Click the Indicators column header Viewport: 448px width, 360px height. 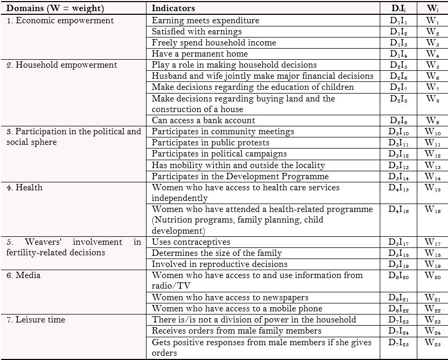tap(173, 8)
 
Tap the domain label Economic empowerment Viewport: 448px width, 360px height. tap(60, 21)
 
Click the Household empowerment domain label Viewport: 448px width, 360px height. tap(62, 65)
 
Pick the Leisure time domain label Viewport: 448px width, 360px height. tap(36, 320)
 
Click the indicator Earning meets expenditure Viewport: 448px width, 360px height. tap(206, 21)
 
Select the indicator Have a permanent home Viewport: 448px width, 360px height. tap(200, 54)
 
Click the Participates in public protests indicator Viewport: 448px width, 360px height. tap(211, 143)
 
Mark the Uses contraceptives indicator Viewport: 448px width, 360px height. tap(191, 242)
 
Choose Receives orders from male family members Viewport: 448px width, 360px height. tap(237, 331)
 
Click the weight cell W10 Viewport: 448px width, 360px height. tap(433, 132)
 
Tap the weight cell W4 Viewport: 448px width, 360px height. tap(433, 54)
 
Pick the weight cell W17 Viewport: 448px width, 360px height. tap(433, 242)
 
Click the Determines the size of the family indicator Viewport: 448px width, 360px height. tap(217, 253)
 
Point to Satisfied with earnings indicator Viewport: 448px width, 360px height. tap(197, 32)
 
